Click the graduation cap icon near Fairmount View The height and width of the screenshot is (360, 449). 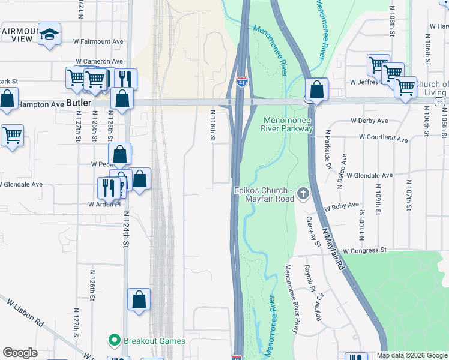(x=50, y=35)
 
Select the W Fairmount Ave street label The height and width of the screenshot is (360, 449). (x=98, y=42)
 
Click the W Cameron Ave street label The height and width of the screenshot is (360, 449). (x=98, y=61)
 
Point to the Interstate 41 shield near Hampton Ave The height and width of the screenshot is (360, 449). (x=241, y=83)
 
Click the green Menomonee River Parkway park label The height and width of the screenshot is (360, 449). (x=288, y=124)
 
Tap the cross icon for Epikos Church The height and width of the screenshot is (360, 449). (x=303, y=194)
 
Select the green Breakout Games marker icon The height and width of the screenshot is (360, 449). (x=114, y=341)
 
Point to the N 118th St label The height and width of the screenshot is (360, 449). (x=212, y=125)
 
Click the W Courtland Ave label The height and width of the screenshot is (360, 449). (x=383, y=139)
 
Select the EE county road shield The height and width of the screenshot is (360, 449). (x=440, y=102)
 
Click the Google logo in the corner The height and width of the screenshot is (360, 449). (x=20, y=353)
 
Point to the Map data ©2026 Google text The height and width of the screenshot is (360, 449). (x=411, y=356)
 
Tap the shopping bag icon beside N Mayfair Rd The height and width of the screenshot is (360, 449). (x=316, y=91)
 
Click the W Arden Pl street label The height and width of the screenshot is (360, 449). (x=104, y=204)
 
